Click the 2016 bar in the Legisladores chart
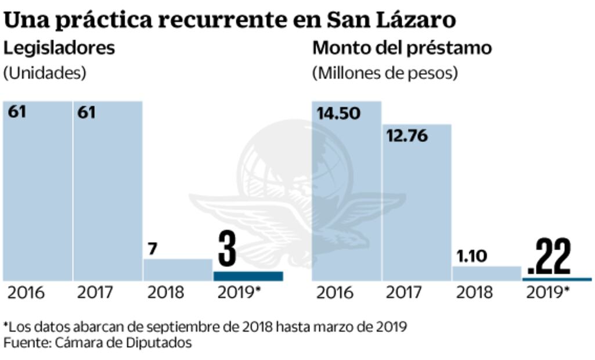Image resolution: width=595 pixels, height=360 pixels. tap(38, 192)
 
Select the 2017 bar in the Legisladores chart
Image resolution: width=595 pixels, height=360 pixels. tap(108, 192)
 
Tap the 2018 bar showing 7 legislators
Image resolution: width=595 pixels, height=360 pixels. tap(178, 270)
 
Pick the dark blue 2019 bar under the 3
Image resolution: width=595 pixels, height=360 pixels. tap(248, 276)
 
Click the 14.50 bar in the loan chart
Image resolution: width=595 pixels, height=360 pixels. tap(347, 192)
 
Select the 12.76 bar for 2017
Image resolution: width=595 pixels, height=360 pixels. tap(417, 203)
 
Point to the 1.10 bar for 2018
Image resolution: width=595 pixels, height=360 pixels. tap(486, 274)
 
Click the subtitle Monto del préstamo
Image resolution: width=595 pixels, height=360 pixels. tap(402, 48)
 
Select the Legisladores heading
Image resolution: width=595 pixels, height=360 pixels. tap(59, 48)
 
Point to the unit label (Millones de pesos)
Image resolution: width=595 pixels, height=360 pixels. tap(385, 74)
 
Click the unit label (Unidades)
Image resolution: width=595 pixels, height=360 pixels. tap(45, 74)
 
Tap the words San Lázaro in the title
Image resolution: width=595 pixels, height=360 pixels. tap(391, 20)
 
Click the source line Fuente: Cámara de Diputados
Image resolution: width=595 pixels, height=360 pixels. tap(98, 343)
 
